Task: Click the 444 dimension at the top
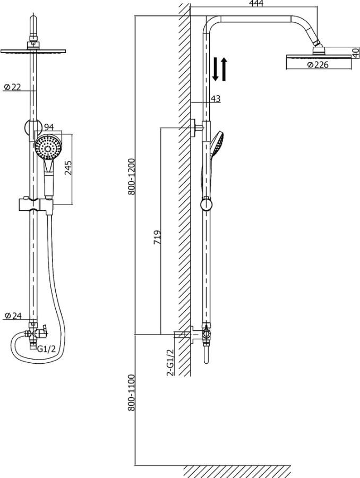[x=256, y=3]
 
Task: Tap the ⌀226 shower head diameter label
[x=318, y=65]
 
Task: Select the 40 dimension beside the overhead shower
[x=356, y=53]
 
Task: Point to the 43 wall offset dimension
[x=216, y=98]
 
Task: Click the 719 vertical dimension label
[x=157, y=237]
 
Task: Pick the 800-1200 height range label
[x=131, y=177]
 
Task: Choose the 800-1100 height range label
[x=131, y=392]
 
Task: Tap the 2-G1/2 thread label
[x=170, y=362]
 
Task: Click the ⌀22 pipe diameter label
[x=12, y=87]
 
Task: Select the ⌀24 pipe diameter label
[x=13, y=315]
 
